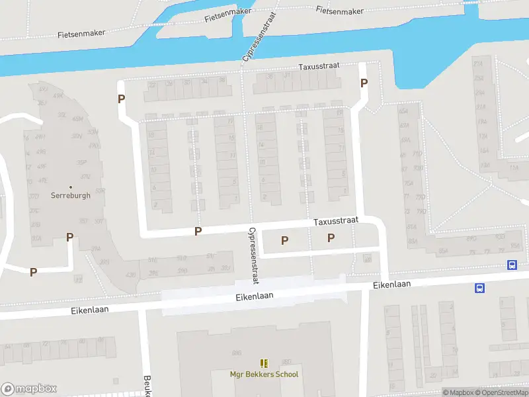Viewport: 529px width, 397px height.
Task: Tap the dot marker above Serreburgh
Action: pyautogui.click(x=70, y=187)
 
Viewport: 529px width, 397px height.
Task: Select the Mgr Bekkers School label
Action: pyautogui.click(x=264, y=375)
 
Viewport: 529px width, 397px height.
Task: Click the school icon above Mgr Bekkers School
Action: pyautogui.click(x=264, y=363)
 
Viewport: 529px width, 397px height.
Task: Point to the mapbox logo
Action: pyautogui.click(x=29, y=389)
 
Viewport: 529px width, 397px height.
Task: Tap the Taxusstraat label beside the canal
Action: pyautogui.click(x=319, y=67)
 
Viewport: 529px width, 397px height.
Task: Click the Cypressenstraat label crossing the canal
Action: pyautogui.click(x=259, y=37)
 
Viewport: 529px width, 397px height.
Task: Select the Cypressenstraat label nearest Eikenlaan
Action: pyautogui.click(x=252, y=255)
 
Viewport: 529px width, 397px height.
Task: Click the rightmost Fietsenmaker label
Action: pyautogui.click(x=339, y=11)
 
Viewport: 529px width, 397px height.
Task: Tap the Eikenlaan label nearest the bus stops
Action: pyautogui.click(x=391, y=284)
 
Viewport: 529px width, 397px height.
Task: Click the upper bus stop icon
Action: pyautogui.click(x=512, y=265)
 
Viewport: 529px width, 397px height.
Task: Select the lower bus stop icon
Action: pyautogui.click(x=479, y=288)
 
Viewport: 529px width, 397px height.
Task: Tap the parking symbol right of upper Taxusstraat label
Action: pyautogui.click(x=363, y=83)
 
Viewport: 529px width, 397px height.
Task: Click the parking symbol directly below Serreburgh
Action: pyautogui.click(x=69, y=237)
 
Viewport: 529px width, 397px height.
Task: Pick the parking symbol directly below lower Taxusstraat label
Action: pyautogui.click(x=331, y=238)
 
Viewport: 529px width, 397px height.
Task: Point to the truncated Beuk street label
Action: pyautogui.click(x=146, y=386)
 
